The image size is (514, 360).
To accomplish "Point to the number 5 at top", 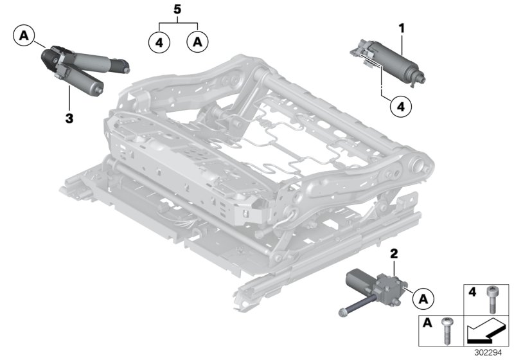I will pyautogui.click(x=177, y=11).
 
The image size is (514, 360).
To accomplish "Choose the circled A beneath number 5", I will pyautogui.click(x=197, y=42).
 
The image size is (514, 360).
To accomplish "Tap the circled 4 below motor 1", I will pyautogui.click(x=400, y=107).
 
